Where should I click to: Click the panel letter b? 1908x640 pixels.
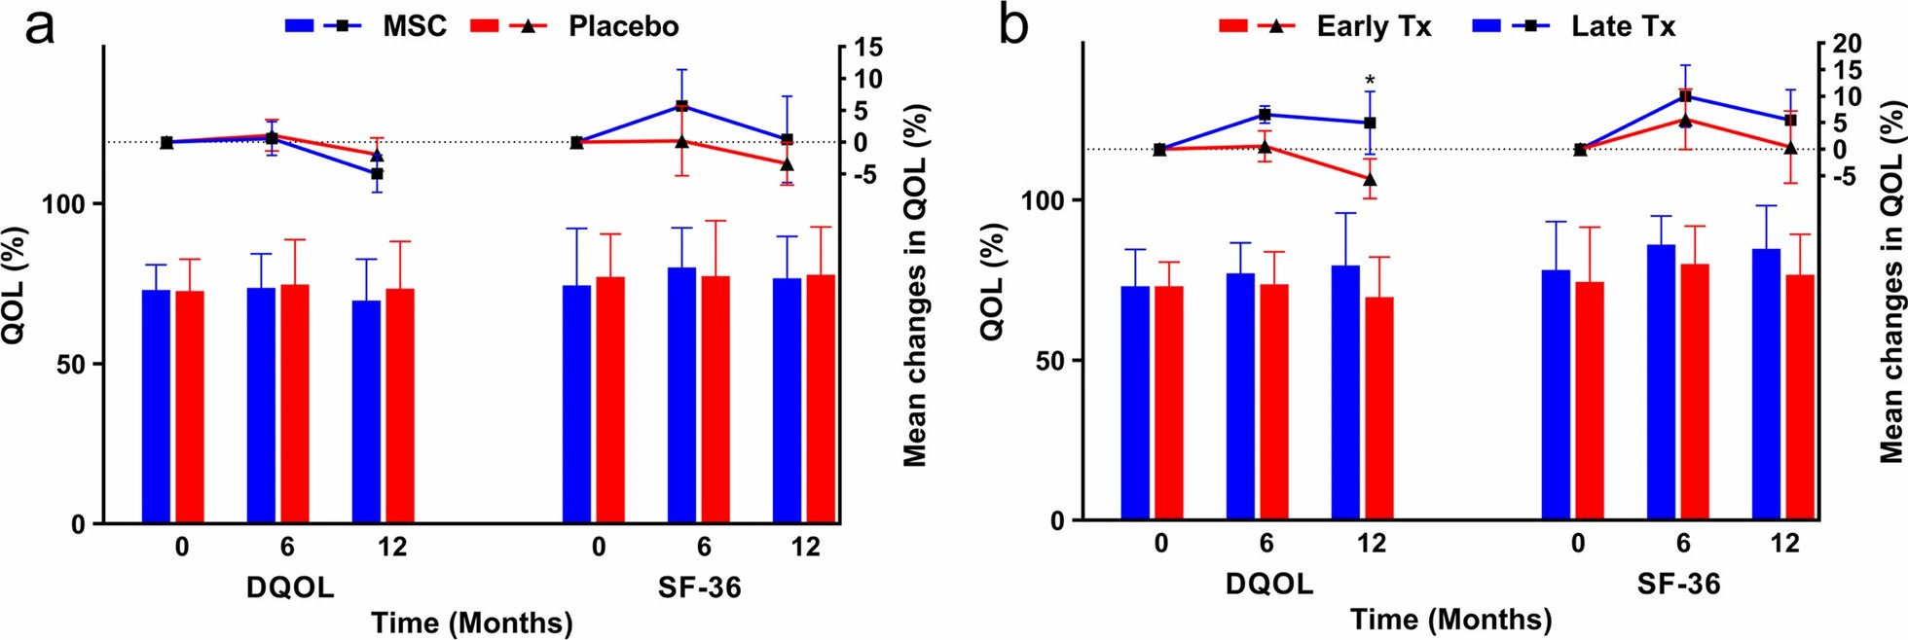pyautogui.click(x=1013, y=28)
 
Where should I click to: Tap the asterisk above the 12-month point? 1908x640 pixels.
pyautogui.click(x=1370, y=81)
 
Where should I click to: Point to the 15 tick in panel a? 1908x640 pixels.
pyautogui.click(x=868, y=48)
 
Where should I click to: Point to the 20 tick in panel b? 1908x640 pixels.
pyautogui.click(x=1847, y=44)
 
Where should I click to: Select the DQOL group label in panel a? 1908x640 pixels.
pyautogui.click(x=290, y=587)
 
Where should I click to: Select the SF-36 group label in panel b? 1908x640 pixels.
pyautogui.click(x=1678, y=584)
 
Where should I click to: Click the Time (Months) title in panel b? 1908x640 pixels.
pyautogui.click(x=1450, y=620)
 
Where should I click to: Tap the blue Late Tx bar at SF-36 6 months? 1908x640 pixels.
pyautogui.click(x=1662, y=382)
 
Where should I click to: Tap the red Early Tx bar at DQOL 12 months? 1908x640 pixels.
pyautogui.click(x=1379, y=409)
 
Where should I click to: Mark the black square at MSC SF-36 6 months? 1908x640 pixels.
pyautogui.click(x=681, y=106)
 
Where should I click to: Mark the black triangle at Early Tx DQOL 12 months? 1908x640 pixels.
pyautogui.click(x=1370, y=180)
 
